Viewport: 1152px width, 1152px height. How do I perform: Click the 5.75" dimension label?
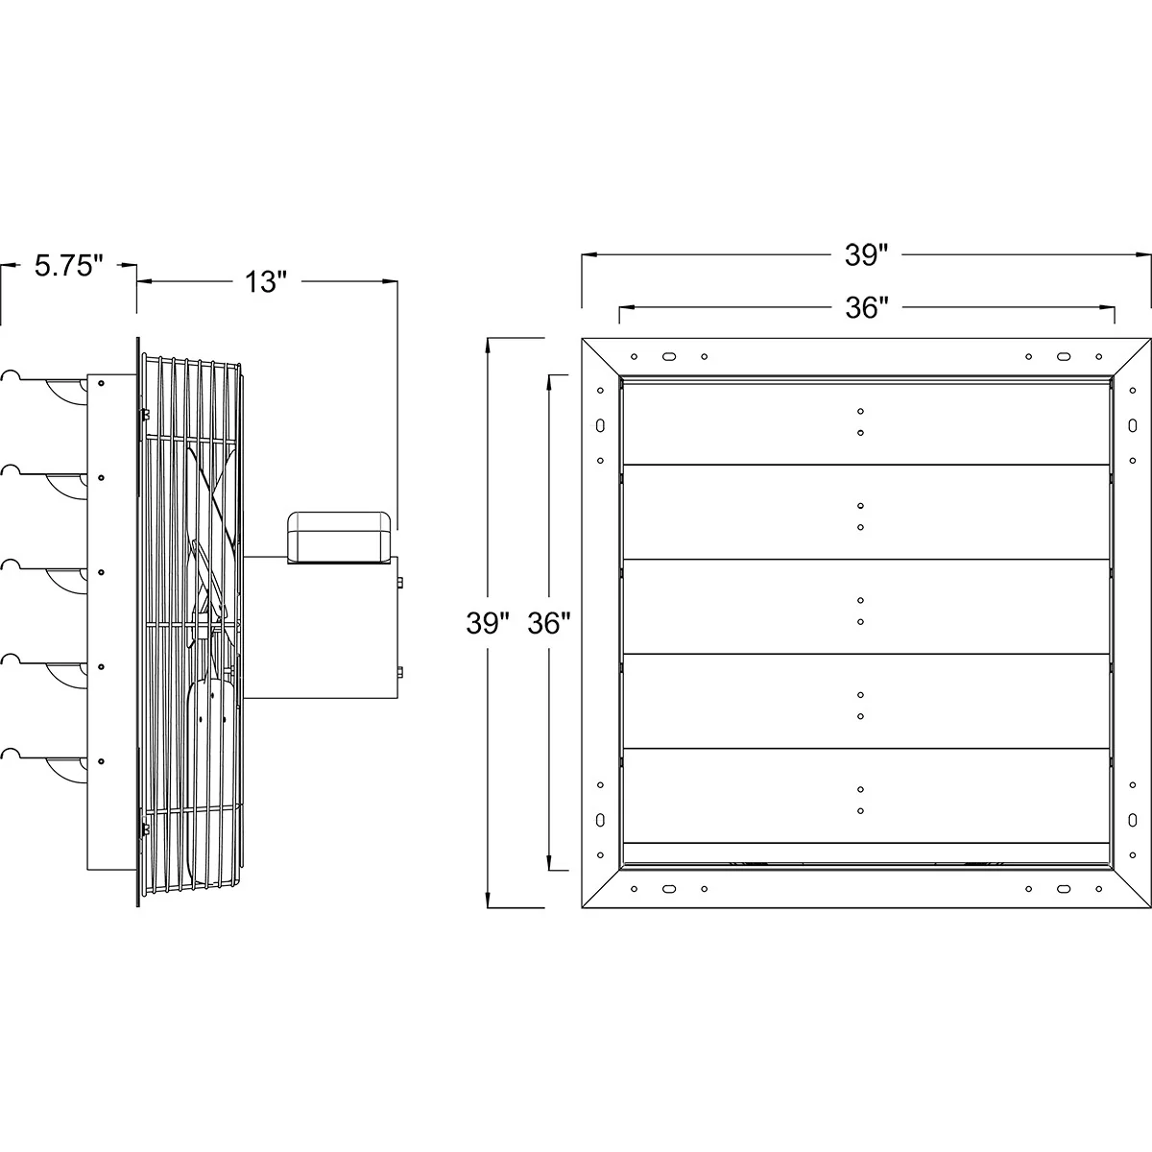(68, 266)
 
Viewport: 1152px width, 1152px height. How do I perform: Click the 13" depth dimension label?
(264, 282)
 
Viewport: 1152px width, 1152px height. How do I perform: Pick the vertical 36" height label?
(549, 624)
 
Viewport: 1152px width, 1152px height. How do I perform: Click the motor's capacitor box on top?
(341, 535)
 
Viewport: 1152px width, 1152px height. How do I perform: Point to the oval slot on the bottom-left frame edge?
(601, 820)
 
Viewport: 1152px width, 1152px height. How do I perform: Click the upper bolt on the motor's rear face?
(399, 582)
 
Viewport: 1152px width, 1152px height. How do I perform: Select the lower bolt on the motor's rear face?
(399, 671)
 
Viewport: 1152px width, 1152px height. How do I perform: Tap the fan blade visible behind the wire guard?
(211, 499)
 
